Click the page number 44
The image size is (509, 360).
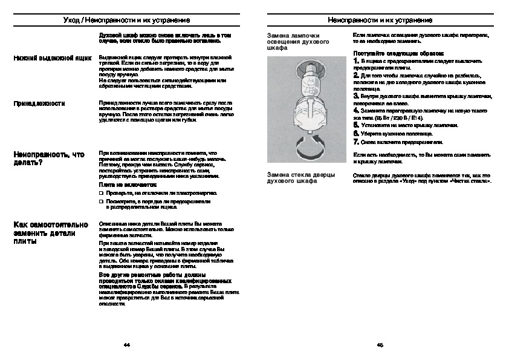pyautogui.click(x=126, y=345)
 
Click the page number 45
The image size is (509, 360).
pyautogui.click(x=380, y=345)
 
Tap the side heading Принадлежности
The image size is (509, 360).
pyautogui.click(x=39, y=103)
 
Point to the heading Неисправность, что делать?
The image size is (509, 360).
pyautogui.click(x=49, y=159)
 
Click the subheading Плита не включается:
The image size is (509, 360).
pyautogui.click(x=128, y=184)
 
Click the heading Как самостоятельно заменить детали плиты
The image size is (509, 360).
pyautogui.click(x=51, y=232)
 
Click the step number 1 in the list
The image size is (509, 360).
pyautogui.click(x=356, y=62)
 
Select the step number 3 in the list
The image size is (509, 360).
pyautogui.click(x=357, y=96)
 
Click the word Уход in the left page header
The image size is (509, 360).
pyautogui.click(x=73, y=20)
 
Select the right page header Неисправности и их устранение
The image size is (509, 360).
pyautogui.click(x=380, y=20)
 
